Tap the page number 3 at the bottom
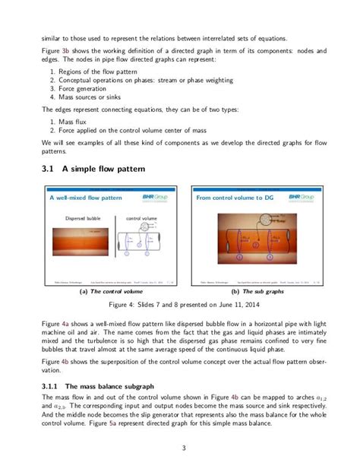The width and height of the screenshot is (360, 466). click(x=180, y=447)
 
